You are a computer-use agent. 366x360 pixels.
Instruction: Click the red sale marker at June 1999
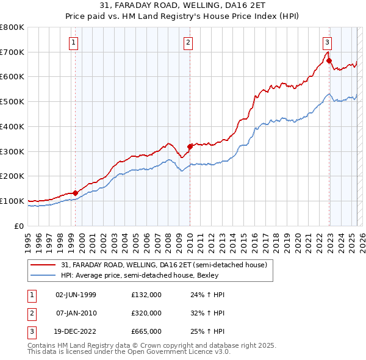[75, 193]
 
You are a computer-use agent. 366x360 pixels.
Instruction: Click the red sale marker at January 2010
[190, 146]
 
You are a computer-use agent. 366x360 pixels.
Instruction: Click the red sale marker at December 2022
[329, 60]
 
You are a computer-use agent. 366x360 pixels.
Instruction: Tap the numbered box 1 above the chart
[73, 43]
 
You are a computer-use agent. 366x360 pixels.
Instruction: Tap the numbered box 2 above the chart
[187, 43]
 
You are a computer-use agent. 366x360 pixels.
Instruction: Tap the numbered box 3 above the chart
[328, 43]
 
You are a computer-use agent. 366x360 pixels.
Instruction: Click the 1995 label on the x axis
[28, 237]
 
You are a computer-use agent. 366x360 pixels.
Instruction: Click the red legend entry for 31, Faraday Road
[163, 265]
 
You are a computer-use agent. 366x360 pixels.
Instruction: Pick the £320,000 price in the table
[146, 313]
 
